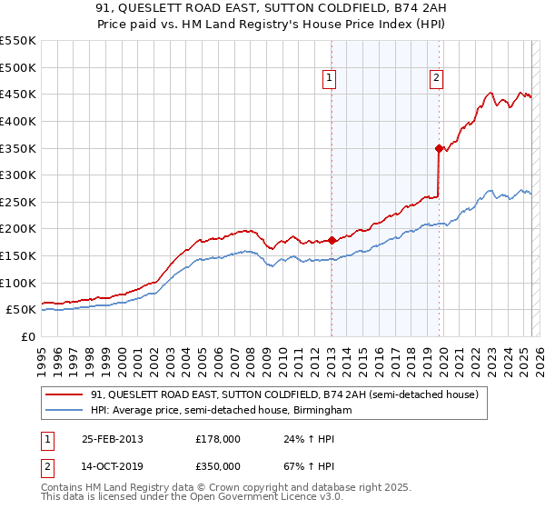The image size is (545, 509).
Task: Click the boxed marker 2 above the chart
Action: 437,79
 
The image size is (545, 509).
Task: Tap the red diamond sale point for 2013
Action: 332,241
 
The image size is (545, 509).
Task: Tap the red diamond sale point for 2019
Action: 439,148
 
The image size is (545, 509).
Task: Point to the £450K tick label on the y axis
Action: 17,94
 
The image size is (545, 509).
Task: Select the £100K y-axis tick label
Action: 17,283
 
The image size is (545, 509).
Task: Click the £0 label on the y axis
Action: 27,336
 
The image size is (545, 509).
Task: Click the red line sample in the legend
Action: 64,394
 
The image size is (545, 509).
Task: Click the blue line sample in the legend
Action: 64,411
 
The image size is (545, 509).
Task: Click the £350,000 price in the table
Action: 218,466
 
